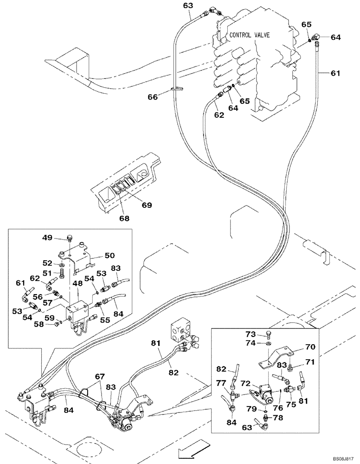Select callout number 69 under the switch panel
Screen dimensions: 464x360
pyautogui.click(x=147, y=205)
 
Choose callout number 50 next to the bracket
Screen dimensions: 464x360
pyautogui.click(x=109, y=255)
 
